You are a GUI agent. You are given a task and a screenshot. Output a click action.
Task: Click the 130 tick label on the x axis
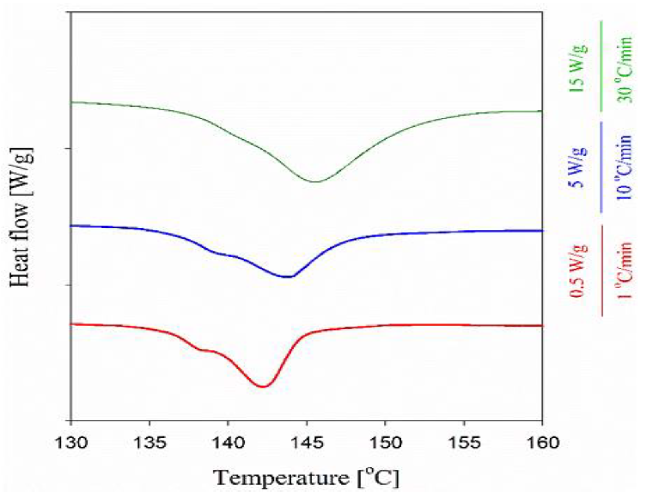[70, 443]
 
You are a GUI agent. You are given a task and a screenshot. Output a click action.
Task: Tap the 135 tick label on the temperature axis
[149, 443]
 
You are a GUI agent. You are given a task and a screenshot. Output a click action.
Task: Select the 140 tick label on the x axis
[228, 443]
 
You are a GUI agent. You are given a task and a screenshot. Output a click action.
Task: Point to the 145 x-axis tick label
[307, 443]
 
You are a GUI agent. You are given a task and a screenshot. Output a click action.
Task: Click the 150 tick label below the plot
[385, 443]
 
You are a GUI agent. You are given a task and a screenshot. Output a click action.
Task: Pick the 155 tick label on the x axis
[464, 443]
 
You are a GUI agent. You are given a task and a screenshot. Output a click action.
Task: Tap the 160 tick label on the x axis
[542, 443]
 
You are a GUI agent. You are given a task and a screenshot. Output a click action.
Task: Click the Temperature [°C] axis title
[307, 478]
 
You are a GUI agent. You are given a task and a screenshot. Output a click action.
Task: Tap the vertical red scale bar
[602, 270]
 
